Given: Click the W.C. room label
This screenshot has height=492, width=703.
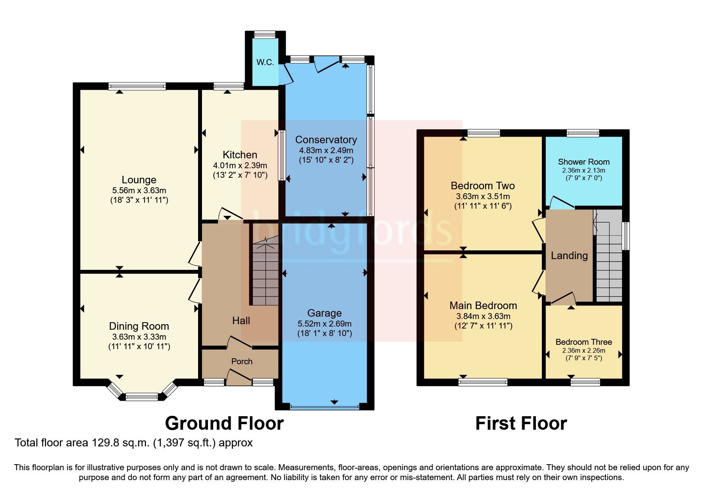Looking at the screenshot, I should [x=265, y=62].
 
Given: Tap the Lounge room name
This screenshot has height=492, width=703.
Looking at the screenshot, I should [x=139, y=180].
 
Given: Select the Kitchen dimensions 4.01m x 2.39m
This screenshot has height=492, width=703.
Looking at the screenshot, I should [x=240, y=165].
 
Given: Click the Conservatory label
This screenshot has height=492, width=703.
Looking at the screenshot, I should [x=326, y=140].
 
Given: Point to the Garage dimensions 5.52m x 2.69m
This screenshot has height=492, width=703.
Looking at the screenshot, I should [x=324, y=324].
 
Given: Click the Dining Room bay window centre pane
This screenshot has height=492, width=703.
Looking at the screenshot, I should [x=142, y=396].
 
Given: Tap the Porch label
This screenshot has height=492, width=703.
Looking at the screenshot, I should [x=242, y=361].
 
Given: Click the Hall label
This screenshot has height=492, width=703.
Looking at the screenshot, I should [x=241, y=321].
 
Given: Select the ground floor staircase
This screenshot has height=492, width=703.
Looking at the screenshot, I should [x=265, y=274].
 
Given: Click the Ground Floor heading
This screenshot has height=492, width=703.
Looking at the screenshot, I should [x=224, y=423].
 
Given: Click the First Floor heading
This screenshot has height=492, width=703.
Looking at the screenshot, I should [x=521, y=423].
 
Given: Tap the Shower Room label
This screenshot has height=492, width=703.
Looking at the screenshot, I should [x=584, y=162].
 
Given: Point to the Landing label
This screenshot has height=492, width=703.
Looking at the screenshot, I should [x=569, y=256].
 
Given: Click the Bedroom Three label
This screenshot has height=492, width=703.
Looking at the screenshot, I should [x=584, y=342].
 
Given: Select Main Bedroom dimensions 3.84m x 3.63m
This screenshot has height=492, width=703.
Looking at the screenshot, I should [x=483, y=317].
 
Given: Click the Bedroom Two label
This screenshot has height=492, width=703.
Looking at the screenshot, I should [x=483, y=186].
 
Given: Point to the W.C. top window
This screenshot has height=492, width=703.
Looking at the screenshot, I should [x=265, y=35].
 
